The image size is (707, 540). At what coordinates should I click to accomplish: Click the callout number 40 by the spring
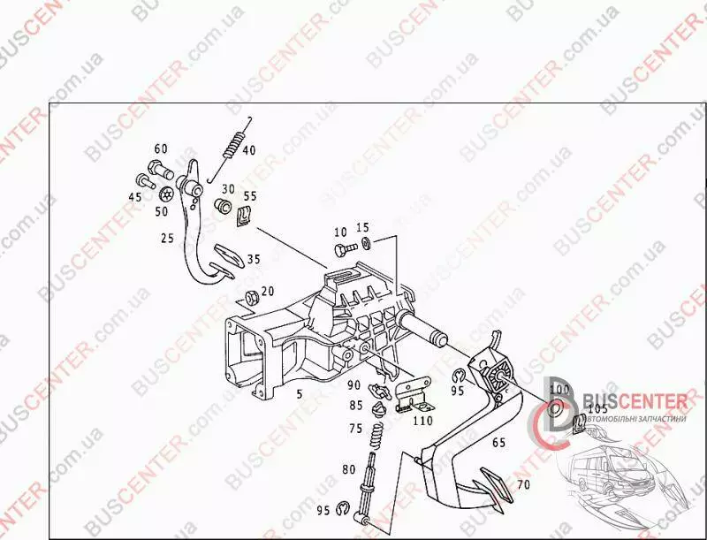coord(249,150)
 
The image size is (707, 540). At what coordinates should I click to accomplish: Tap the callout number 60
coord(161,148)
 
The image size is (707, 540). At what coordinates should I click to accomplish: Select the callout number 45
coord(135,196)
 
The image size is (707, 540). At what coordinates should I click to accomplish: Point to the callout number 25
coord(167,239)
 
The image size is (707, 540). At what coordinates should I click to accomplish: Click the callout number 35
coord(254,260)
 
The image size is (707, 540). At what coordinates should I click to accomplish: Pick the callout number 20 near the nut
coord(268,292)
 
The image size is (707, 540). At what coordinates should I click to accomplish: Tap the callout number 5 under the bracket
coord(299,394)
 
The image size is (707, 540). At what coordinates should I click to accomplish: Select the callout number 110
coord(423,421)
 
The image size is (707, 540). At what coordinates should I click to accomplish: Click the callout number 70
coord(523,484)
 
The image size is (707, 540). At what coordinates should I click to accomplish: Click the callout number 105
coord(597,408)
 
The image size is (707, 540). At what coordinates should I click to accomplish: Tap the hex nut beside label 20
coord(249,295)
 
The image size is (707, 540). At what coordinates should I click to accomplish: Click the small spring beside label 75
coord(375,433)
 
